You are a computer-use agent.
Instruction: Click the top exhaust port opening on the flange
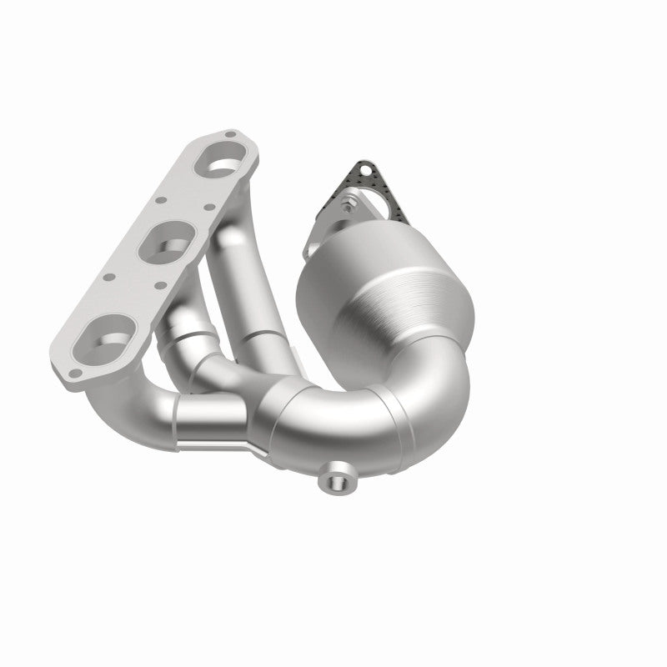219,163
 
